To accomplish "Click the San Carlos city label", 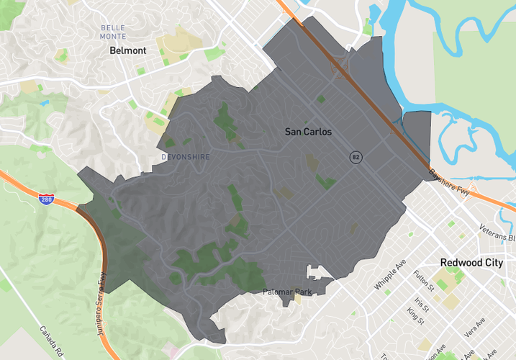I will point(308,132).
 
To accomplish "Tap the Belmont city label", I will point(127,51).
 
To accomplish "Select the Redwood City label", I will point(471,263).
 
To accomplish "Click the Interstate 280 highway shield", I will point(46,199).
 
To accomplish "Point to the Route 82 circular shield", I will point(356,157).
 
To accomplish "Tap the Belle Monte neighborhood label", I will point(113,32).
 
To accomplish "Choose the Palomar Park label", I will point(286,292).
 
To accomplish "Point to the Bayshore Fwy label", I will point(449,183).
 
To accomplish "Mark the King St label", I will point(415,315).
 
